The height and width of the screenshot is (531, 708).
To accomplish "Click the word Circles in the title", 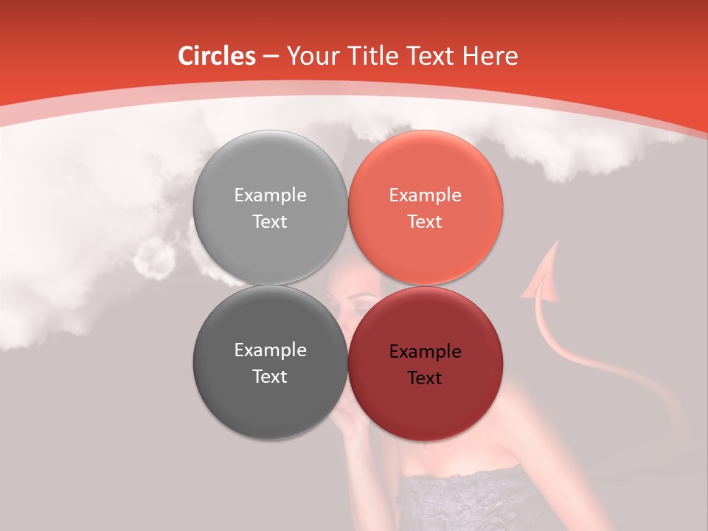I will click(217, 56).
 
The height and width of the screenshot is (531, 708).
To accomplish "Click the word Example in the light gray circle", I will click(270, 195).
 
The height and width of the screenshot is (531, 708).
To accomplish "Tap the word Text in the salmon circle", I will click(425, 222).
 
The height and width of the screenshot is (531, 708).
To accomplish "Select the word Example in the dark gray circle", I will click(270, 350).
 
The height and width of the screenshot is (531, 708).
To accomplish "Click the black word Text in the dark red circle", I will click(425, 378).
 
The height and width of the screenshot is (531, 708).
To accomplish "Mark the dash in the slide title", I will click(271, 57).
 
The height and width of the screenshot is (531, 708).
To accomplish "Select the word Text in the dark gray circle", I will click(270, 377).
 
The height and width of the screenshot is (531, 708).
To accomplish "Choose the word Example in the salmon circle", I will click(425, 195).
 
